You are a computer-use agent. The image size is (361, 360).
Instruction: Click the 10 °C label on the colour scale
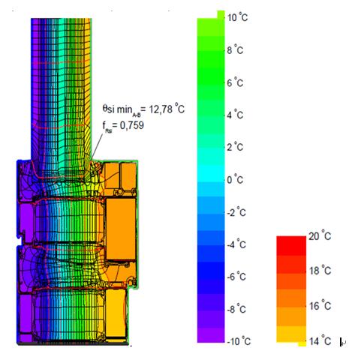(x=237, y=18)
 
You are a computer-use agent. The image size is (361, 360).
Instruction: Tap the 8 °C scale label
(x=235, y=50)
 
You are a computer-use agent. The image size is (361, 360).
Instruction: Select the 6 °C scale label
(x=235, y=82)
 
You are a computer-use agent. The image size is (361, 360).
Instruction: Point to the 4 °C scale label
(x=235, y=115)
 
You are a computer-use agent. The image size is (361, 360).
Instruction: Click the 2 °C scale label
(x=235, y=147)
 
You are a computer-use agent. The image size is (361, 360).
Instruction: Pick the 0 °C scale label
(x=235, y=180)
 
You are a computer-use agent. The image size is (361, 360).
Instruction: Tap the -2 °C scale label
(x=236, y=212)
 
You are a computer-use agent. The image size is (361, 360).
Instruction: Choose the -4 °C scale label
(x=236, y=244)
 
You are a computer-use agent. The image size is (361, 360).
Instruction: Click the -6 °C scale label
(x=236, y=277)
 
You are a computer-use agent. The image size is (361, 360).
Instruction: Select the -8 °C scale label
(x=236, y=309)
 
